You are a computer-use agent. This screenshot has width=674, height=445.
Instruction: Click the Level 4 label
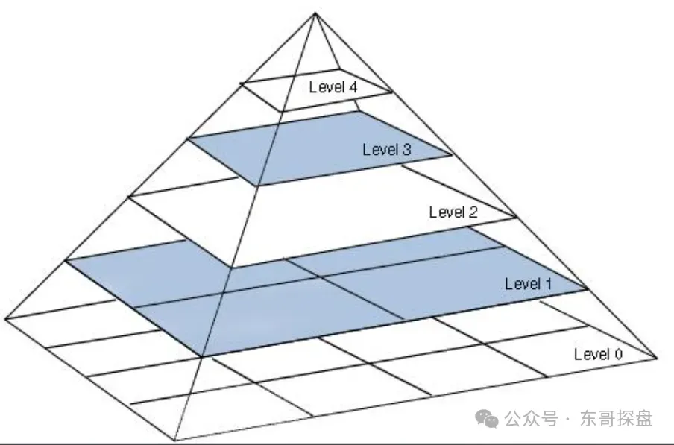[333, 87]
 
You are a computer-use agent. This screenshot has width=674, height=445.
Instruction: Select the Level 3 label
[387, 149]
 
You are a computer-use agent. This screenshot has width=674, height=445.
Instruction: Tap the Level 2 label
[453, 212]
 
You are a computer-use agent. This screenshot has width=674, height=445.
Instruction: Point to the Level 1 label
[529, 284]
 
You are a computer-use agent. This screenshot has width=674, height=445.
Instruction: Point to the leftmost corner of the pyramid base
[5, 318]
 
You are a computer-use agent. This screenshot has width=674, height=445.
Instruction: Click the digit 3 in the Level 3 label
[406, 149]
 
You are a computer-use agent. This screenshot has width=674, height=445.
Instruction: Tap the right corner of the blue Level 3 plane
[453, 155]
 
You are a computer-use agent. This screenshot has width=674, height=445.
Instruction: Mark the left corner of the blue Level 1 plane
[67, 259]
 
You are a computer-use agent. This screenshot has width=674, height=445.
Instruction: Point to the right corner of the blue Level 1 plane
[587, 289]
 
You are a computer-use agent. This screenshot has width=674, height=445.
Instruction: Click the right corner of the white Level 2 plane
[517, 218]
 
